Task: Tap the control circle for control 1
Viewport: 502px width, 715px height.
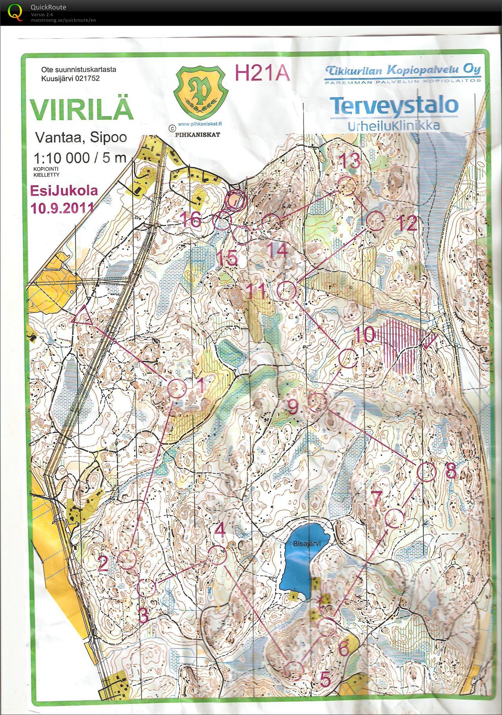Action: pyautogui.click(x=177, y=388)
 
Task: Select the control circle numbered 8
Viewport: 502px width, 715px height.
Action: pyautogui.click(x=427, y=471)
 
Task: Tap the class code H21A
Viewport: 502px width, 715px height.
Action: pyautogui.click(x=262, y=73)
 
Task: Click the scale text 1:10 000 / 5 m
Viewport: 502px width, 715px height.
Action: pyautogui.click(x=80, y=158)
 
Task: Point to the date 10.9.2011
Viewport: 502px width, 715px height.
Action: pyautogui.click(x=63, y=208)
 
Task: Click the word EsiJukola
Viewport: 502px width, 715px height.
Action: pyautogui.click(x=64, y=191)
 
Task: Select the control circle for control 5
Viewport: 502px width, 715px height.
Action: pyautogui.click(x=294, y=670)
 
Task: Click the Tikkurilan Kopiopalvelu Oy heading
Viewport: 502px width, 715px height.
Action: pyautogui.click(x=403, y=70)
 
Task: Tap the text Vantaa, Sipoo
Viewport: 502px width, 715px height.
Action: pyautogui.click(x=81, y=137)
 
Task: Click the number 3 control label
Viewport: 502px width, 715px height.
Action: pyautogui.click(x=143, y=616)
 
